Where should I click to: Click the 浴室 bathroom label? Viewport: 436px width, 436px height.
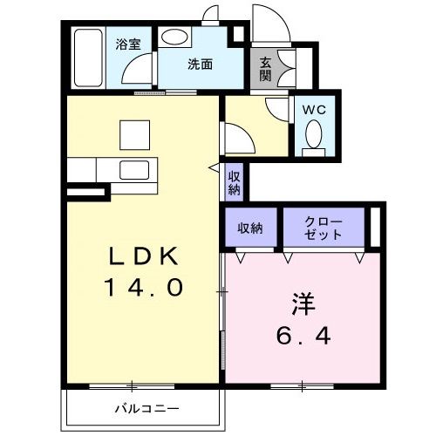tap(128, 44)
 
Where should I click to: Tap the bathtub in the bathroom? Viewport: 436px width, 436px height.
tap(88, 58)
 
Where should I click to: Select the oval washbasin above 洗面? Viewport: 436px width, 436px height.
tap(174, 37)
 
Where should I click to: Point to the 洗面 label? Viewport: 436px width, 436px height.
tap(200, 64)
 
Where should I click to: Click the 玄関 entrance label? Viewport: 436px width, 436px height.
tap(265, 69)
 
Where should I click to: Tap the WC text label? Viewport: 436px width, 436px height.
tap(314, 110)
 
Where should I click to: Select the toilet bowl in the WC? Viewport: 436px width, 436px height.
tap(314, 134)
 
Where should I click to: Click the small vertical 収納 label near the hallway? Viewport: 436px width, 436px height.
tap(234, 183)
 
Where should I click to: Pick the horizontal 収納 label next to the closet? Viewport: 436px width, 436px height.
tap(250, 228)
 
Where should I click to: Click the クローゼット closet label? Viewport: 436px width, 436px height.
tap(324, 228)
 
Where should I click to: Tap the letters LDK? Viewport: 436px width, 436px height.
tap(143, 255)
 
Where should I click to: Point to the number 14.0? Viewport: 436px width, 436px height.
tap(145, 287)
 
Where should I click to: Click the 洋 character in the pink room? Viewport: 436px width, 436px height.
tap(303, 304)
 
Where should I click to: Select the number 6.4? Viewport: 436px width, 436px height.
tap(303, 336)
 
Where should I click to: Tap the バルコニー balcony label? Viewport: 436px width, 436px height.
tap(147, 409)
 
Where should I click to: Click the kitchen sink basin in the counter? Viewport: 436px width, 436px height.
tap(134, 170)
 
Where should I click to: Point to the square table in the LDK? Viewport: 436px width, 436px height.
tap(135, 135)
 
